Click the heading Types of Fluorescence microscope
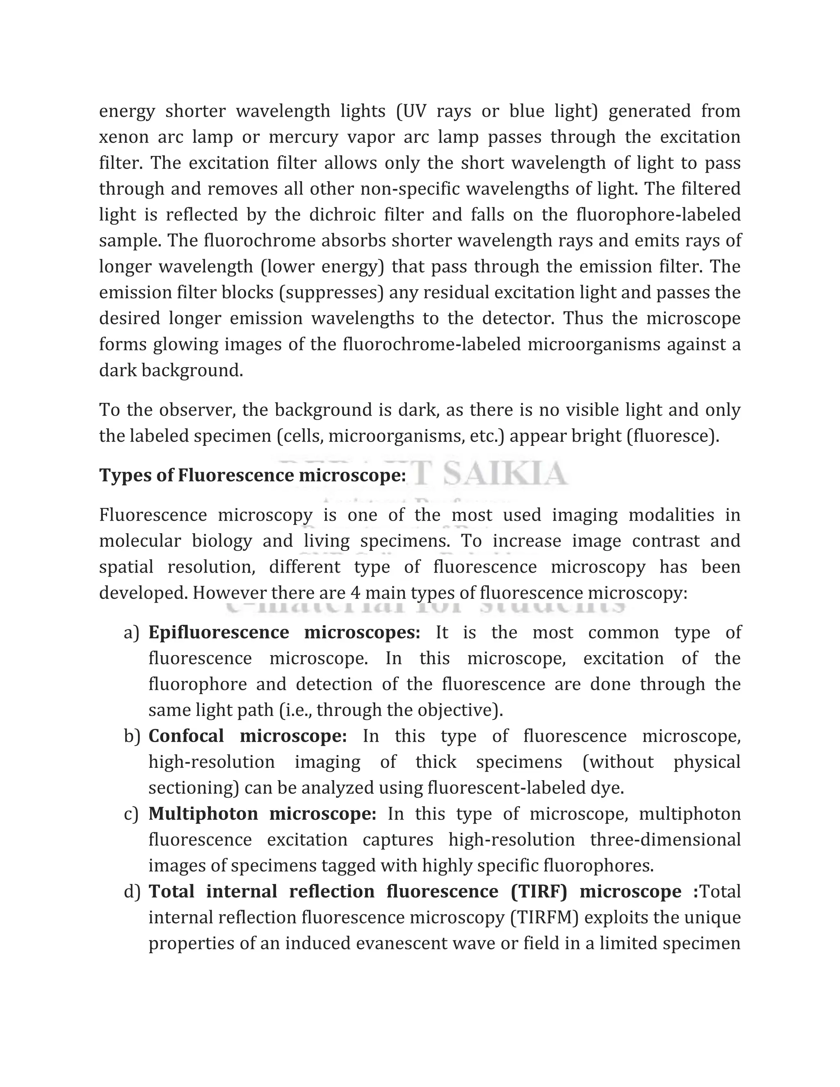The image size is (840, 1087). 252,475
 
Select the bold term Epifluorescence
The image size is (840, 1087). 219,633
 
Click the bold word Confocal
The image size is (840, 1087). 186,736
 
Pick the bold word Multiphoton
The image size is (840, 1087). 203,814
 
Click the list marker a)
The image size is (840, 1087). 131,633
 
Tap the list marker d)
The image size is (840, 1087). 132,892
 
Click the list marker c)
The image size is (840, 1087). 131,814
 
